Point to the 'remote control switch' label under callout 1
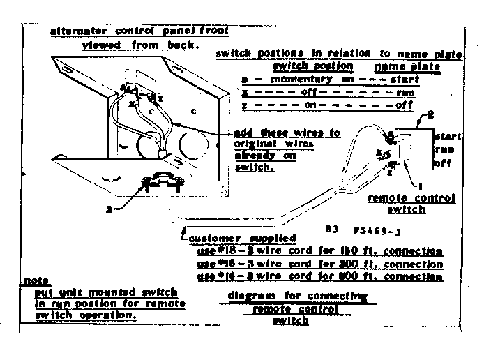click(411, 204)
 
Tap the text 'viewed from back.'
click(140, 45)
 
